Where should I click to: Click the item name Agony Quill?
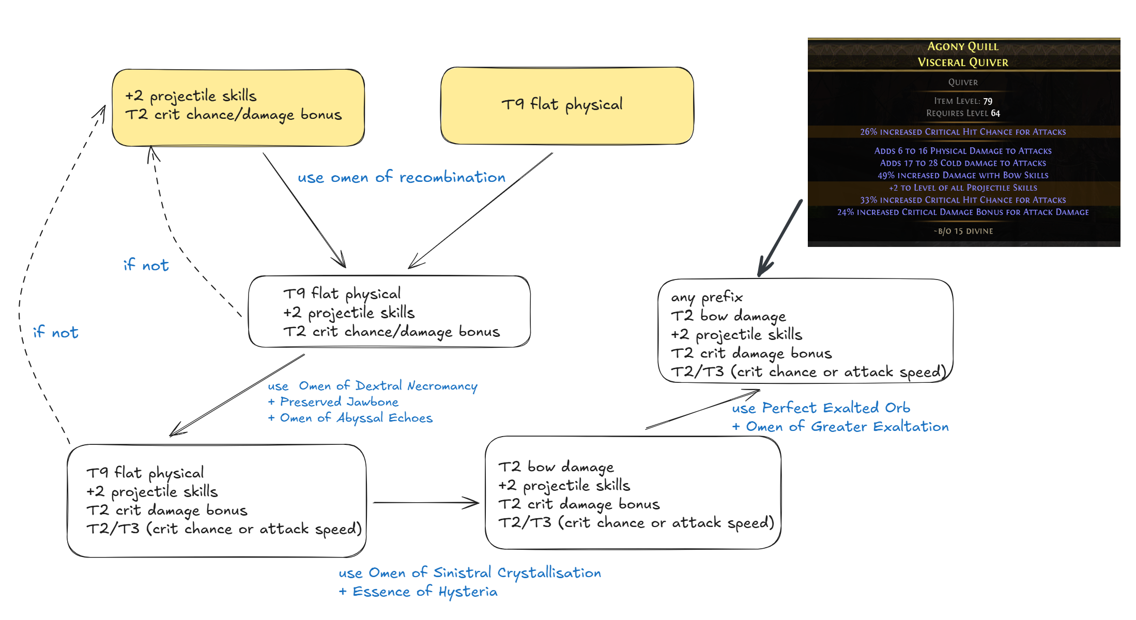962,47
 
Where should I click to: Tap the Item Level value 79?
987,101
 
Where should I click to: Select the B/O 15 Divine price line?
963,231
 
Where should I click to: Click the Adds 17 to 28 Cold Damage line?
963,163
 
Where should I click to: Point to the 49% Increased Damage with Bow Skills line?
963,176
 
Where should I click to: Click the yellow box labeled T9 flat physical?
566,105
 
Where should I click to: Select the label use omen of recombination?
401,177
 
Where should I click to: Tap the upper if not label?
146,265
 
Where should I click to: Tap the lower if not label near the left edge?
55,332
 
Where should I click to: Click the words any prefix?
707,297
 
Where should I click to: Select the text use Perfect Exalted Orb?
821,408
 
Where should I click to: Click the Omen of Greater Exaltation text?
847,427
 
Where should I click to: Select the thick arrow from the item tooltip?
780,238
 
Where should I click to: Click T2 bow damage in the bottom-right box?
556,467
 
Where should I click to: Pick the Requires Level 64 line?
963,113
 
